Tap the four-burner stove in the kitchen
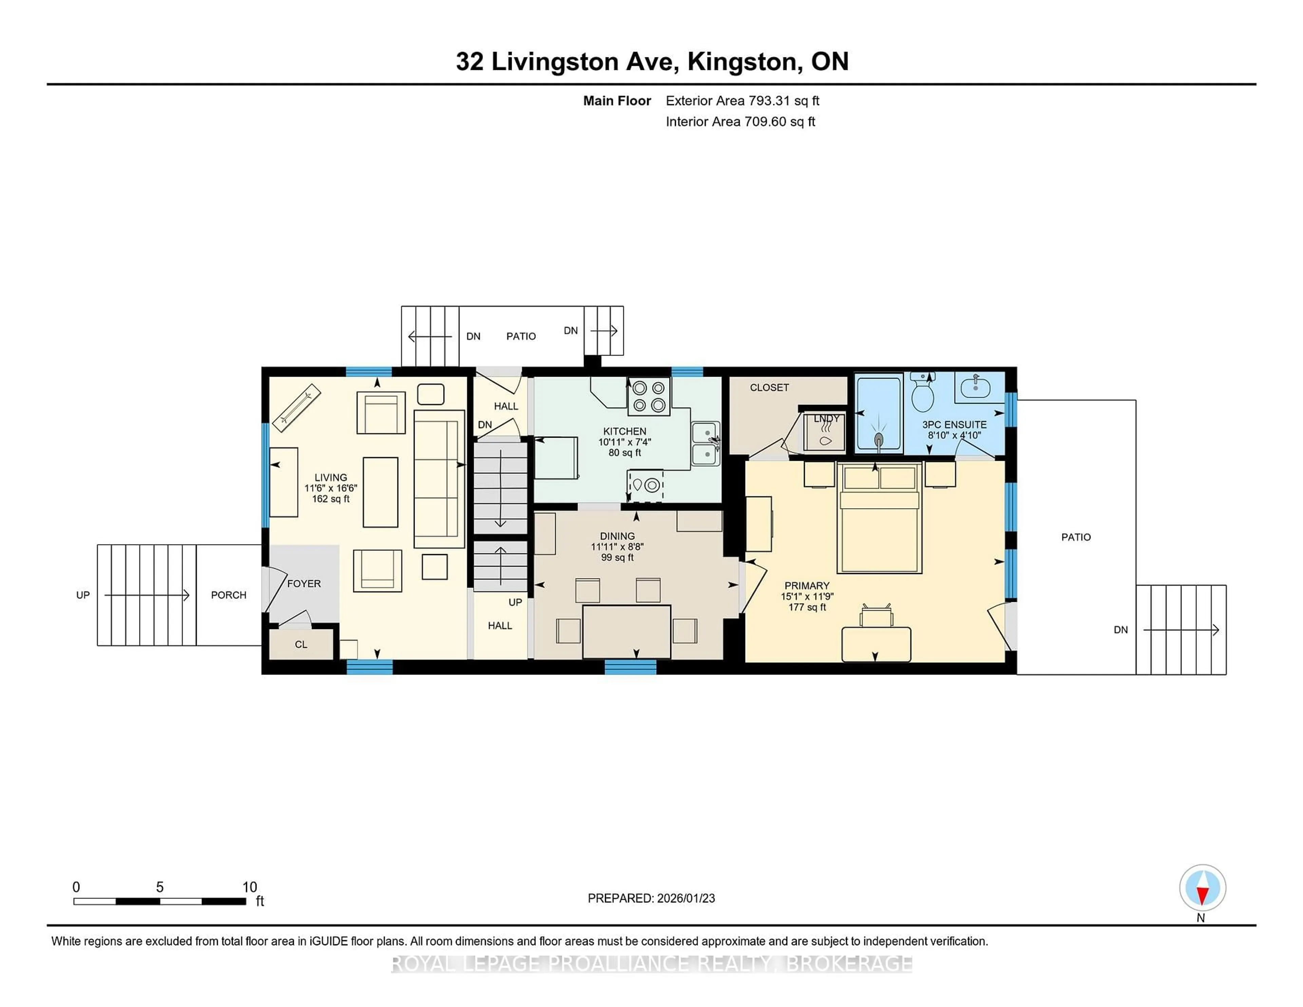(x=648, y=397)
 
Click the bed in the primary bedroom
(x=880, y=525)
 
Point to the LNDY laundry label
(x=826, y=419)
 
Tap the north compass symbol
(x=1202, y=888)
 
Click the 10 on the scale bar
(x=249, y=887)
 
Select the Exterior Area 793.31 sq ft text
(x=742, y=101)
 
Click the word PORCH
(x=228, y=595)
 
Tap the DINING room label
(x=618, y=536)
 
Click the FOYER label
(x=304, y=584)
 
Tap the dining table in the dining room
(x=626, y=631)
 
